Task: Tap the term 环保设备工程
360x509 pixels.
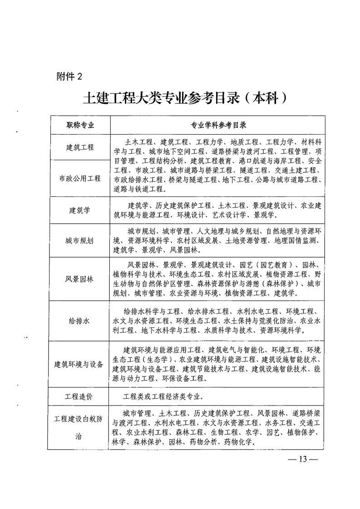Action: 180,378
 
